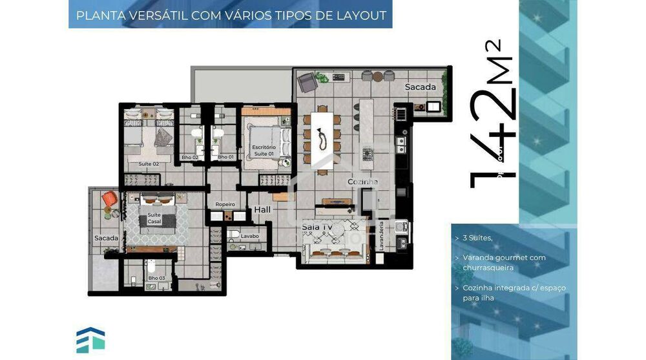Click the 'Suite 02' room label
[149, 164]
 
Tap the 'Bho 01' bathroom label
[225, 157]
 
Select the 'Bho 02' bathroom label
[190, 157]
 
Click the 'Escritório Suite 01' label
[265, 151]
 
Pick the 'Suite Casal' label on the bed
[155, 218]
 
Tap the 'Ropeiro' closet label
[225, 204]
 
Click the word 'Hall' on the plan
[262, 209]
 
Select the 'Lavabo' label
[250, 236]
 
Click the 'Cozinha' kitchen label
[362, 182]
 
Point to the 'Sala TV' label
[317, 228]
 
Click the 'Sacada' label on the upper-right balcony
[420, 87]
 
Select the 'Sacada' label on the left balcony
[106, 238]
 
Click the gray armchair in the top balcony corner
[306, 82]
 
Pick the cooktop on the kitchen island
[368, 154]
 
